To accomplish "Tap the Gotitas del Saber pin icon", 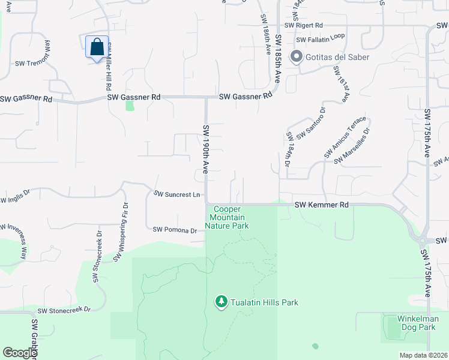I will coord(295,57).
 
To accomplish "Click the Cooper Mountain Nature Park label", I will coord(227,217).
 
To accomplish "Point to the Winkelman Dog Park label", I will coord(417,323).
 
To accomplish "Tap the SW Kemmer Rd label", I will coord(322,205).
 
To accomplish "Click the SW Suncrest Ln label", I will coord(176,194).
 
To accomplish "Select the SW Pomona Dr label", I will coord(175,230).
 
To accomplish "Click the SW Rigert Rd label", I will coord(304,25).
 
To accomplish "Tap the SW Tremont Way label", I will coord(32,54).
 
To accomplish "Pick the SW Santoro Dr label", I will coord(310,123).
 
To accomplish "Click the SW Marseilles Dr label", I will coord(353,145).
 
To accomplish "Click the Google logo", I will coord(19,353).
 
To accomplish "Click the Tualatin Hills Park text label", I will coord(265,302).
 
